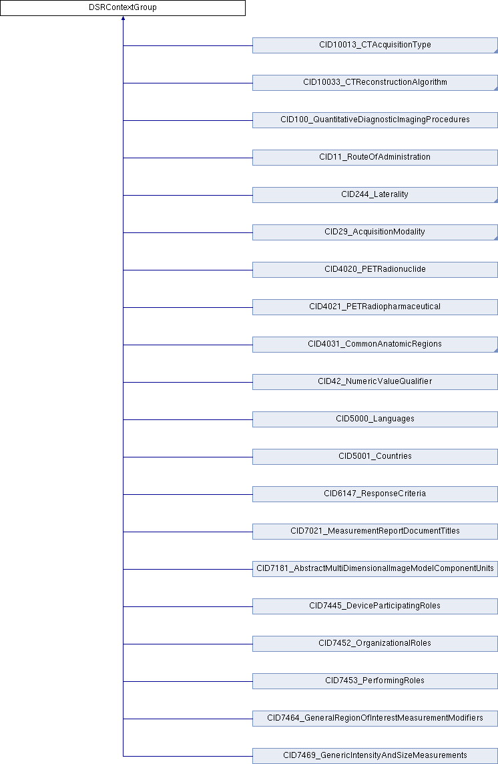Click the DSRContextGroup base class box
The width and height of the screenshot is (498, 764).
pyautogui.click(x=122, y=8)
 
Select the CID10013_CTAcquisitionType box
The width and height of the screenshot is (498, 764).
pyautogui.click(x=375, y=45)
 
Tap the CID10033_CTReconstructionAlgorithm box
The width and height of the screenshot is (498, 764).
pyautogui.click(x=375, y=83)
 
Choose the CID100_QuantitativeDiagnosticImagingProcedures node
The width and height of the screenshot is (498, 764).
pyautogui.click(x=375, y=120)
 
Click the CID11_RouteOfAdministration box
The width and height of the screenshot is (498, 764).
pyautogui.click(x=375, y=158)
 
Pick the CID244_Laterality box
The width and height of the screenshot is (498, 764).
pyautogui.click(x=375, y=195)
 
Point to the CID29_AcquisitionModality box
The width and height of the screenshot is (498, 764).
pyautogui.click(x=375, y=232)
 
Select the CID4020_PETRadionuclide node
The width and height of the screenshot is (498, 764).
pyautogui.click(x=375, y=270)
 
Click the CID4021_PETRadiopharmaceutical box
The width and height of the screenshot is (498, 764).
pyautogui.click(x=375, y=307)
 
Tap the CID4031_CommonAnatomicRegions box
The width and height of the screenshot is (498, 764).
pyautogui.click(x=375, y=345)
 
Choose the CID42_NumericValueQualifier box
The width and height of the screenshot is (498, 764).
pyautogui.click(x=375, y=382)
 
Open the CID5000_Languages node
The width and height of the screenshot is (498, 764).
pyautogui.click(x=375, y=419)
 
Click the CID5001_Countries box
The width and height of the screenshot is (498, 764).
pyautogui.click(x=375, y=457)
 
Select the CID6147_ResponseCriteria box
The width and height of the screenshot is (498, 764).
pyautogui.click(x=375, y=494)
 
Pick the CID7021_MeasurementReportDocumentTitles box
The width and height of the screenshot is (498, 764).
pyautogui.click(x=375, y=532)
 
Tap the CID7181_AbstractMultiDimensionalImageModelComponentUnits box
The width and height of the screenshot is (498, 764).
pyautogui.click(x=375, y=569)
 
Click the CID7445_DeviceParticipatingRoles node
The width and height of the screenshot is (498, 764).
pyautogui.click(x=375, y=606)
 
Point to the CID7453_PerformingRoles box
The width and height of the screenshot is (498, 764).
pyautogui.click(x=375, y=681)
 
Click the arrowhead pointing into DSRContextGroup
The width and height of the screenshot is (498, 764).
pyautogui.click(x=123, y=19)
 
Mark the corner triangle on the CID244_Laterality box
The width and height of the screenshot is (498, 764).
pyautogui.click(x=496, y=201)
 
